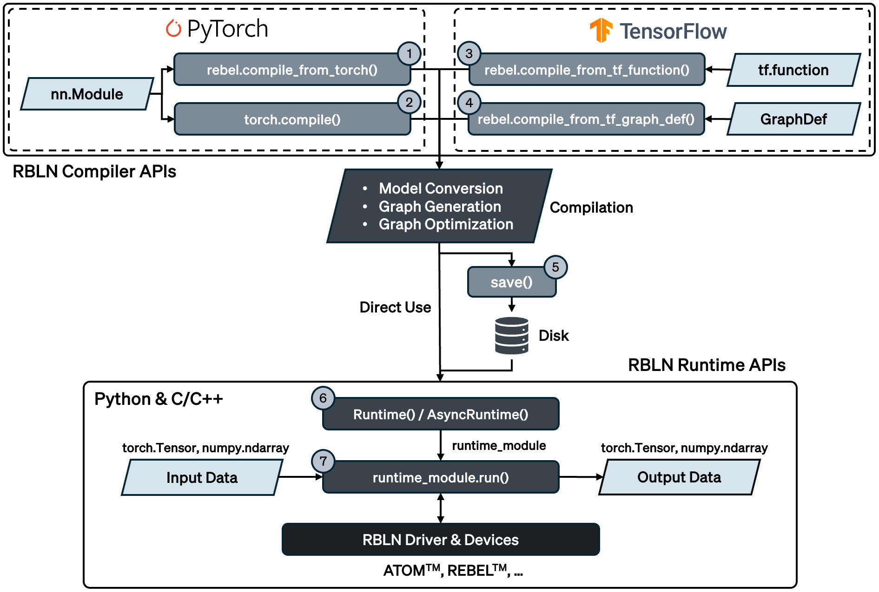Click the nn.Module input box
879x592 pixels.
tap(87, 94)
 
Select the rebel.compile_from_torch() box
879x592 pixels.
tap(292, 70)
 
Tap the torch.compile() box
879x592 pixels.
tap(292, 119)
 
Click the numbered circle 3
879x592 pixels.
tap(469, 54)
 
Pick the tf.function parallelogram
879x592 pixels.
tap(793, 70)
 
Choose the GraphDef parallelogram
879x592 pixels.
tap(793, 119)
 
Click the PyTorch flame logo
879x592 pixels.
tap(173, 29)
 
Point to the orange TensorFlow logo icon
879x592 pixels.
tap(601, 30)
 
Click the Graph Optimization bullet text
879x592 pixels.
tap(445, 224)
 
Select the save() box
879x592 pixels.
tap(511, 282)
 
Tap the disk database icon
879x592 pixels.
tap(511, 335)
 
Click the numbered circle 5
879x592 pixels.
tap(555, 267)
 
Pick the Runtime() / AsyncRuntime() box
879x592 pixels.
tap(440, 414)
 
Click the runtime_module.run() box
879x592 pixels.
tap(440, 477)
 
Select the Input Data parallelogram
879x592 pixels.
tap(202, 477)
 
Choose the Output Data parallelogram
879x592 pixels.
tap(679, 477)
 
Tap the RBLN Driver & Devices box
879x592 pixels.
tap(440, 540)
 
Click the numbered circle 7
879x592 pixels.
tap(323, 461)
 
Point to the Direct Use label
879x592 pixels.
tap(395, 307)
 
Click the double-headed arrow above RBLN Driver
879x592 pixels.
tap(441, 508)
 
